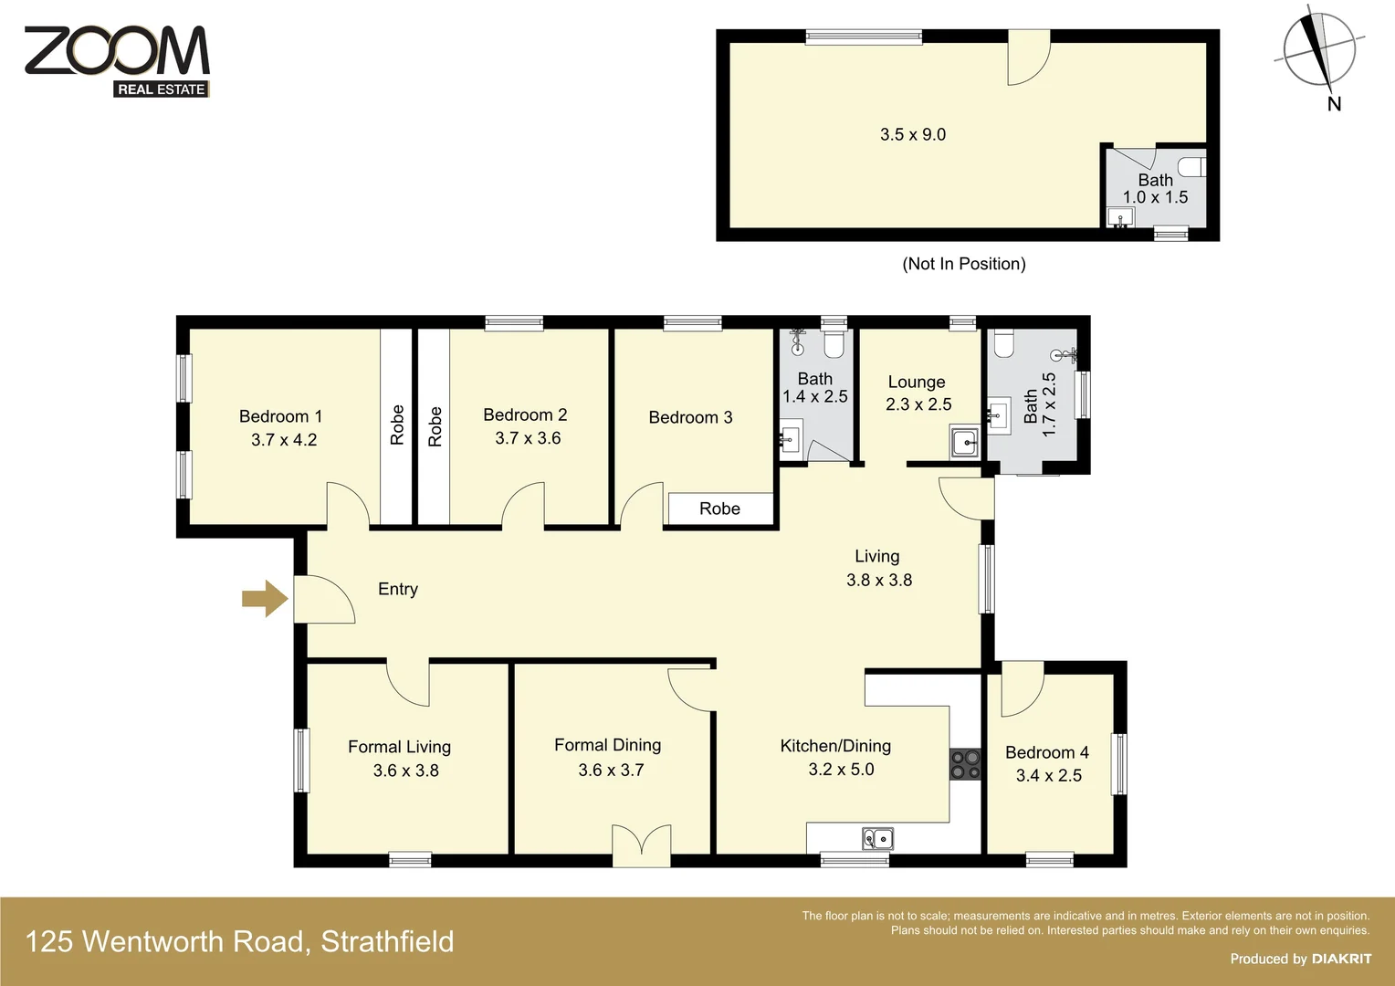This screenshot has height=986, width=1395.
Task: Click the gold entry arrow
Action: point(265,599)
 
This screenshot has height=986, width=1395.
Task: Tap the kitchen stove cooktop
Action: point(965,764)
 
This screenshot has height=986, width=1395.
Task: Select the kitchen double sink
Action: point(877,837)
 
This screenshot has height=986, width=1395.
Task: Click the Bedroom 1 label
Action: point(280,416)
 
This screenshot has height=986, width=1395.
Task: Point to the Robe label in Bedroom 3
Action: point(719,509)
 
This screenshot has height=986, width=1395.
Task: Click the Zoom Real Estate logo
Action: point(117,60)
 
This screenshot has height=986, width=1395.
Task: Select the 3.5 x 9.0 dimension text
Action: point(912,134)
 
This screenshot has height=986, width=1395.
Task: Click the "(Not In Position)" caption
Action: point(963,264)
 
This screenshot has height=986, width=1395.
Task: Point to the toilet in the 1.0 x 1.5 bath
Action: point(1192,166)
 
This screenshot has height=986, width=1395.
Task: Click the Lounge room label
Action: point(916,382)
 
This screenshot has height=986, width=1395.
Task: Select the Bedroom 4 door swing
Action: point(1021,691)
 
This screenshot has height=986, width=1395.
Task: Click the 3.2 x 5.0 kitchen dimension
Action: point(841,770)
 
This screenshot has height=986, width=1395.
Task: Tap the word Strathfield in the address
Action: point(387,941)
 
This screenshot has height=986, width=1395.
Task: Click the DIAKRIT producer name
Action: point(1341,959)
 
